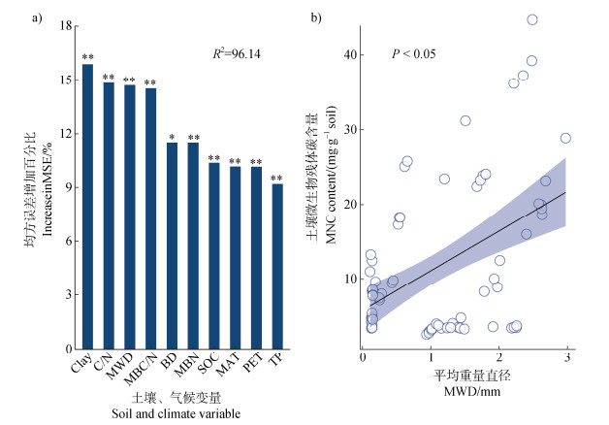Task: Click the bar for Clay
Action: tap(87, 206)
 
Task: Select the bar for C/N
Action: tap(109, 215)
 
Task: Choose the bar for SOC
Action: tap(214, 255)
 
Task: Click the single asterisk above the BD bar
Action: tap(172, 137)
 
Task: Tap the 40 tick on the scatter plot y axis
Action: tap(348, 55)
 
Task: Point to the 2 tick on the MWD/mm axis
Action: tap(498, 359)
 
